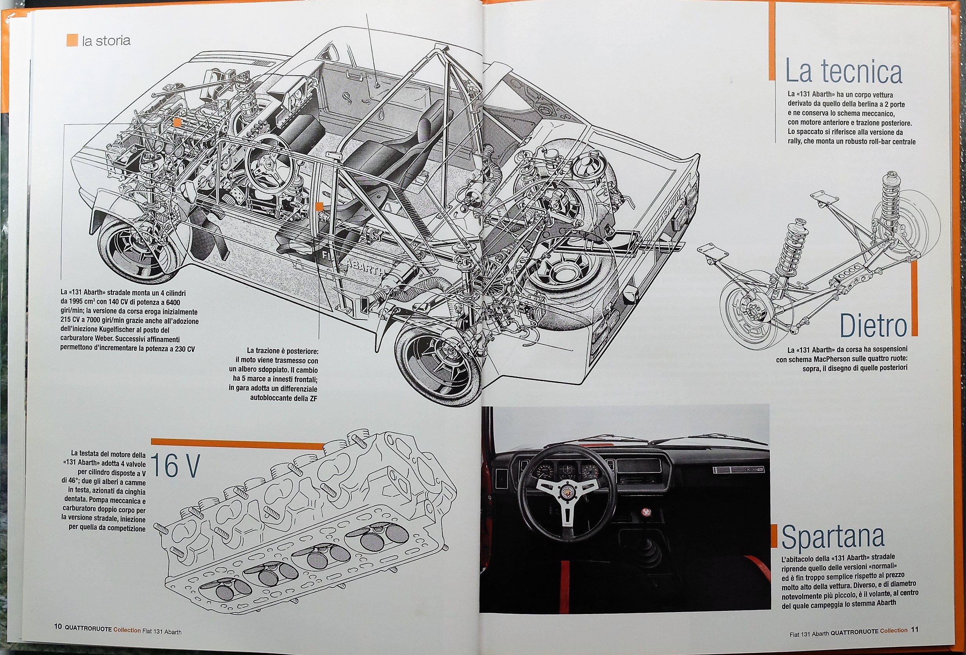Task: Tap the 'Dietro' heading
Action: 873,327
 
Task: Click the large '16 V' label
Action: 175,466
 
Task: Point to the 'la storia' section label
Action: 106,41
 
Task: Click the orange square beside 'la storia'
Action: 72,40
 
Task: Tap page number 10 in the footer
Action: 58,627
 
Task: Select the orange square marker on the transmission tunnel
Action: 319,206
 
